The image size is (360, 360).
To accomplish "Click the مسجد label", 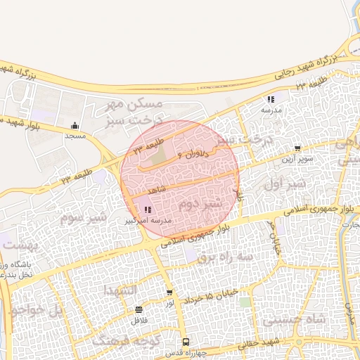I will click(x=75, y=135).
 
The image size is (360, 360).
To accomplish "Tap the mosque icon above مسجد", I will click(x=75, y=126).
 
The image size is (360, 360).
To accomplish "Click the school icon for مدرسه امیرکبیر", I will click(x=147, y=210).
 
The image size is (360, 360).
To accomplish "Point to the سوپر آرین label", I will click(x=298, y=159).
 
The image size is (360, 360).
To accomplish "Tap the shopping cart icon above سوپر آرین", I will click(x=298, y=148).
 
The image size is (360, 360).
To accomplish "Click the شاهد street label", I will click(x=156, y=190).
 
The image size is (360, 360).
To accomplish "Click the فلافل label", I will click(x=138, y=320).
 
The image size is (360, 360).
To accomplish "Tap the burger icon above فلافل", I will click(x=139, y=309).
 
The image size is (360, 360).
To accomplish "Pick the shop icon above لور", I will click(x=169, y=292).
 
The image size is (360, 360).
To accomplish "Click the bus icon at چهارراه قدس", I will click(x=186, y=341).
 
